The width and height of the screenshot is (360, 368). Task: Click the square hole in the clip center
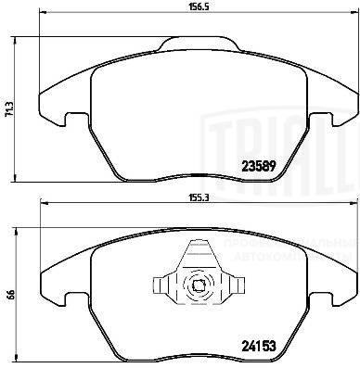[x=199, y=286]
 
